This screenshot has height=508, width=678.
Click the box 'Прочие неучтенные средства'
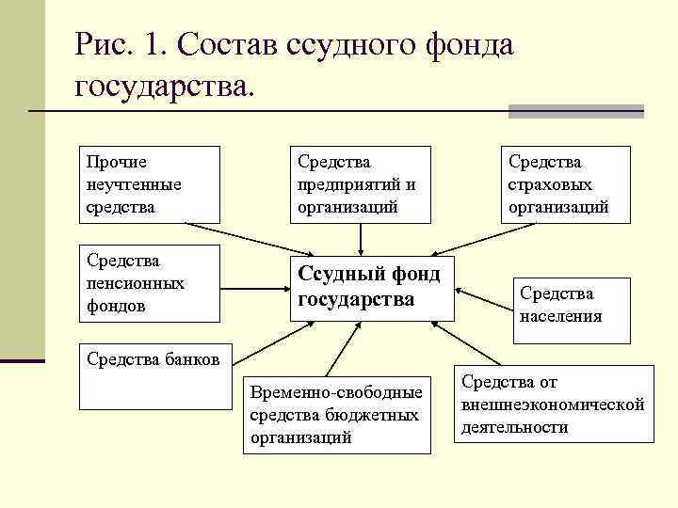pos(149,183)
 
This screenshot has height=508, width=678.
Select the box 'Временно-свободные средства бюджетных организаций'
pos(336,413)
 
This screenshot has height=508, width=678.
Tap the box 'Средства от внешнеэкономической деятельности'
pos(554,405)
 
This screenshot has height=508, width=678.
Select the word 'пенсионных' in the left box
pos(136,282)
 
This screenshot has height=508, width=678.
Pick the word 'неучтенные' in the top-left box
pos(133,184)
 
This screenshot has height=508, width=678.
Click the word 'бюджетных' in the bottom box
pos(374,414)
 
